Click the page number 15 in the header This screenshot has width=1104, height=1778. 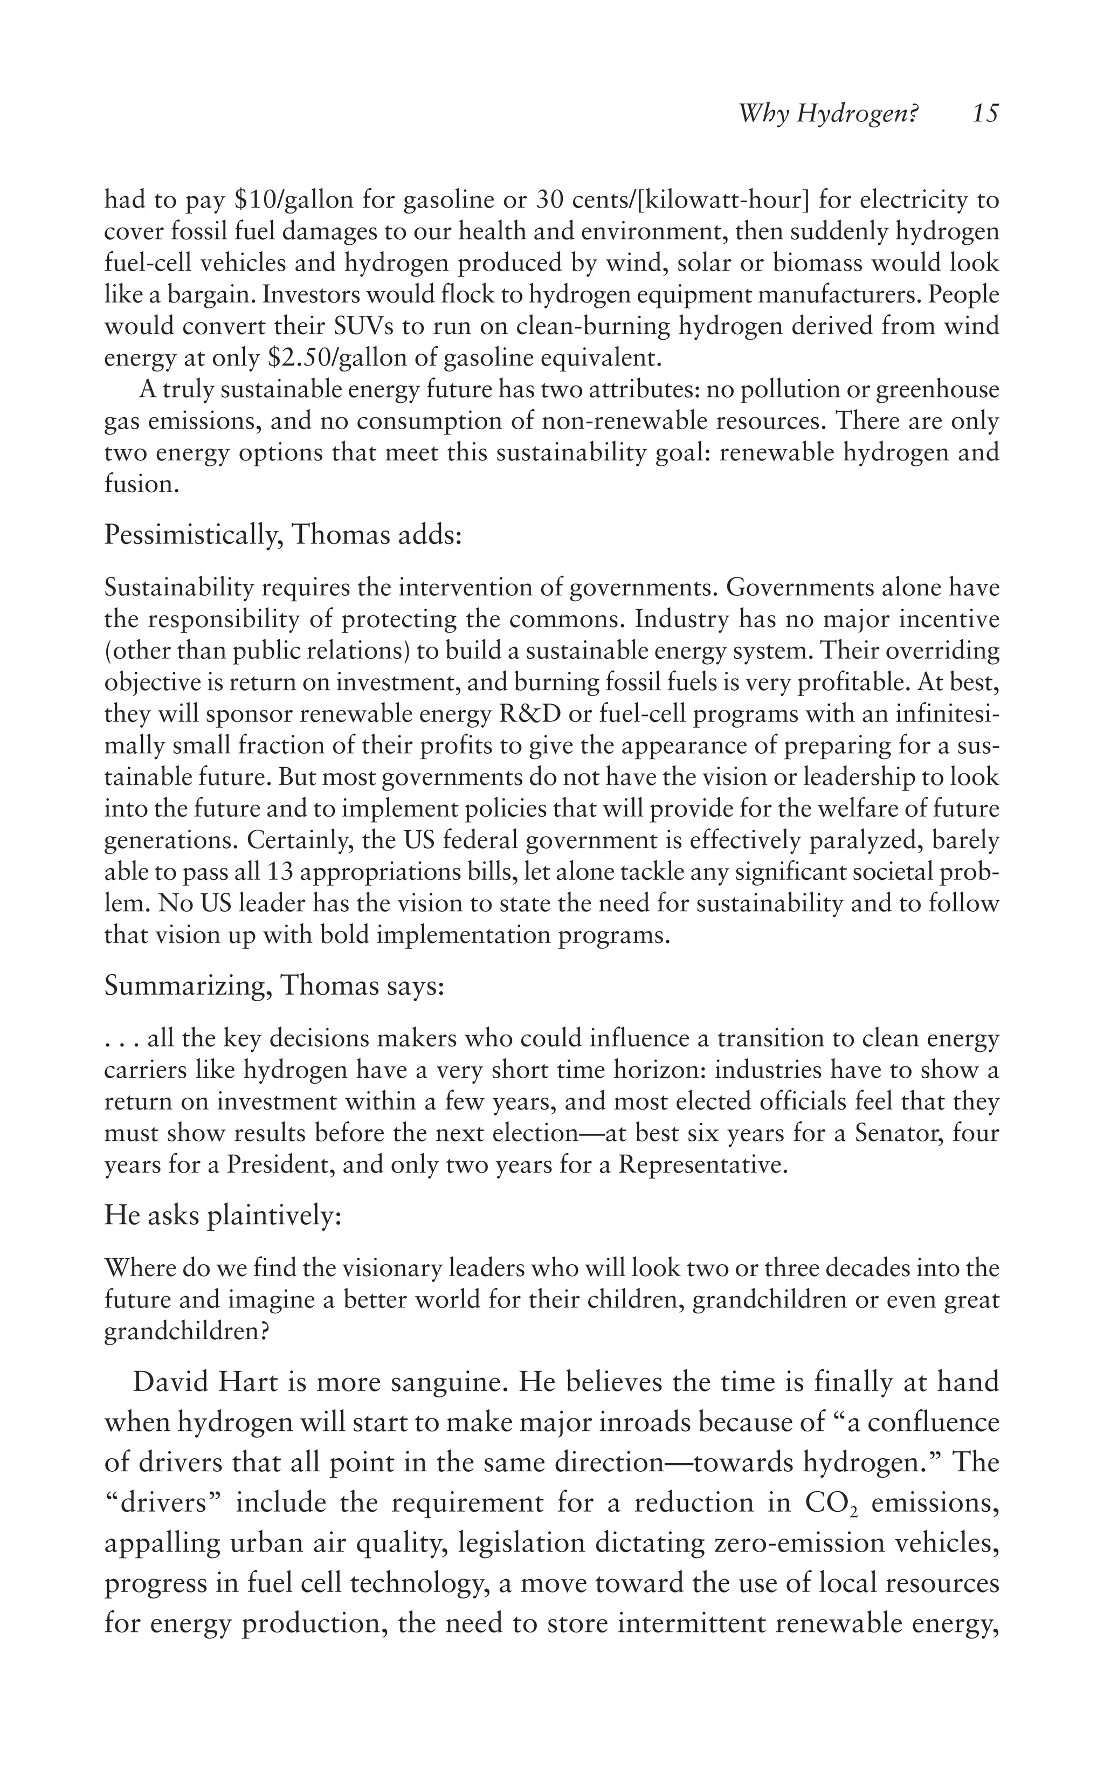(985, 114)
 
